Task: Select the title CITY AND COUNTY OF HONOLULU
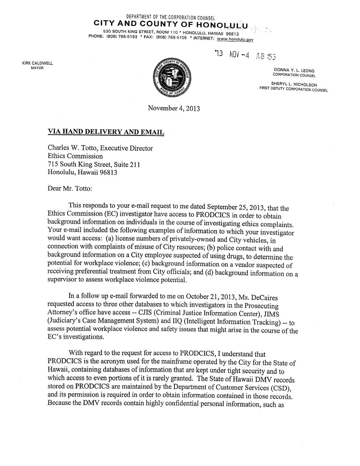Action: pos(171,25)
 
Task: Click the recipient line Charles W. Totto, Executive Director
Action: pos(100,148)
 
